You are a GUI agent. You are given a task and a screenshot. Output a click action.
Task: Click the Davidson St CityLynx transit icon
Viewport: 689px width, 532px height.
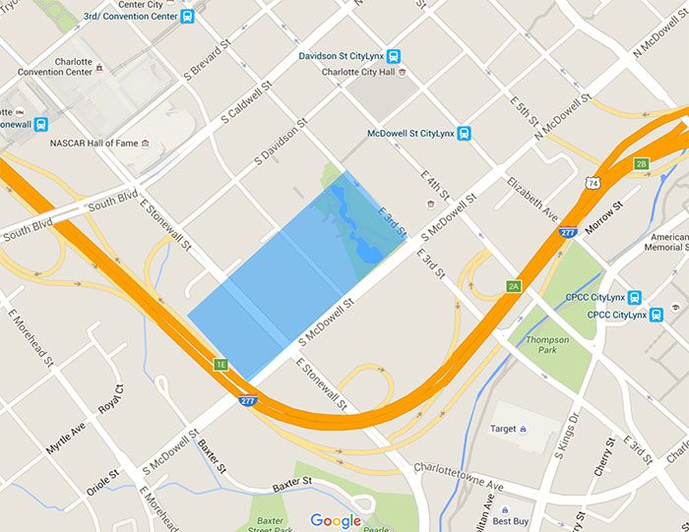point(394,56)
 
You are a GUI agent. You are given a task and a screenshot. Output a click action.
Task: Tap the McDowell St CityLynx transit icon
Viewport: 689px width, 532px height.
point(464,134)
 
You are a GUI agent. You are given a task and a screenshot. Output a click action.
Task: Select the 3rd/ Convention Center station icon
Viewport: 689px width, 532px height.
point(188,16)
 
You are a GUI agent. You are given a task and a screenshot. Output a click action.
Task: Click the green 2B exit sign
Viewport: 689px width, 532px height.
point(642,163)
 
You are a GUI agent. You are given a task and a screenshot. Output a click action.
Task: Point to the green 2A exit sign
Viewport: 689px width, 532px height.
point(513,286)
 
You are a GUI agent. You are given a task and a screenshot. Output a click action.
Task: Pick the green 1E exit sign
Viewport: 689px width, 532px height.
point(221,365)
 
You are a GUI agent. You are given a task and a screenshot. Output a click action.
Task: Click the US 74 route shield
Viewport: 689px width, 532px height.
point(592,182)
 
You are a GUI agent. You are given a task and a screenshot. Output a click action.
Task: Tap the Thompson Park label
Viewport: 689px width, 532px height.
point(546,345)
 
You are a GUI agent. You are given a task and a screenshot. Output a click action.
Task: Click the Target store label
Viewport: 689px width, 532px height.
point(504,429)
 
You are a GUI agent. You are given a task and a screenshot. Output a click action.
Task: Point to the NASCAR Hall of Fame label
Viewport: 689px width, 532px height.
point(93,144)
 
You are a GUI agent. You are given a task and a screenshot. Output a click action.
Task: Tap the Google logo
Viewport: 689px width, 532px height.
point(336,520)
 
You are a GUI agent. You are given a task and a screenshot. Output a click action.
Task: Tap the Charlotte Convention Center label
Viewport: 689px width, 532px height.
point(54,66)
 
